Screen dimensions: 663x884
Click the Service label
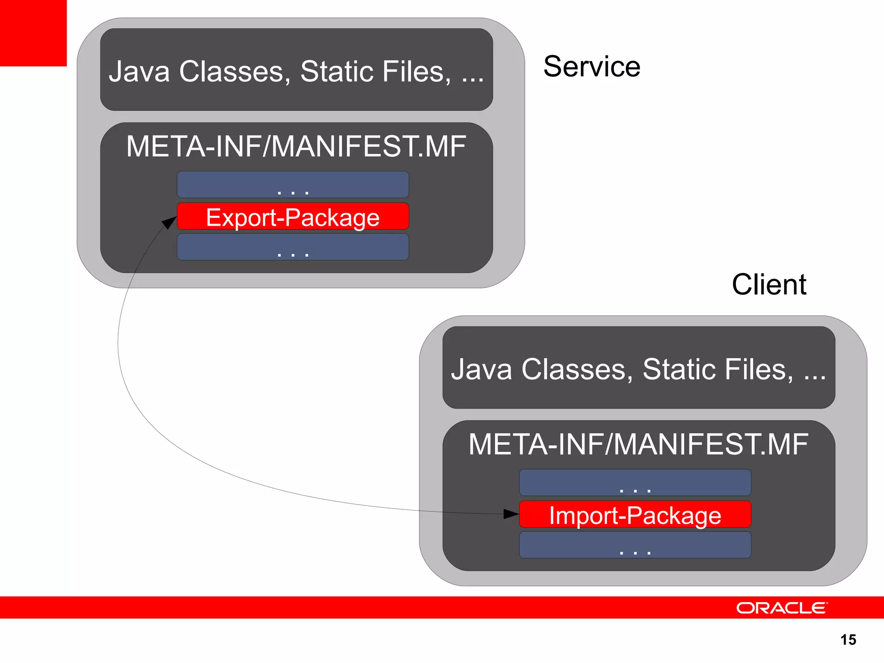[x=591, y=67]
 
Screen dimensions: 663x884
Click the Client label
[x=769, y=285]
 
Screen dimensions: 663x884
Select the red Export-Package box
[x=293, y=216]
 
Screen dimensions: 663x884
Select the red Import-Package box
[x=635, y=515]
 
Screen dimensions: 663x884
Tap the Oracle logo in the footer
[x=781, y=608]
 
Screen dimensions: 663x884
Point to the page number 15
[x=848, y=640]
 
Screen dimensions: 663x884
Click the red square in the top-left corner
[x=33, y=33]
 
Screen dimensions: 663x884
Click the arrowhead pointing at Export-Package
[x=169, y=222]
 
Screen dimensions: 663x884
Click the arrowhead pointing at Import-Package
[x=511, y=514]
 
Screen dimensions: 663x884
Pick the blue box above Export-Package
[x=293, y=185]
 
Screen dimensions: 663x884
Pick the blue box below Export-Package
[x=293, y=247]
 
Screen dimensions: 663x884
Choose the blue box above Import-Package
[x=635, y=483]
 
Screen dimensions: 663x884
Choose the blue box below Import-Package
[x=635, y=545]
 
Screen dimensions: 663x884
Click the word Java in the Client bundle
[x=482, y=369]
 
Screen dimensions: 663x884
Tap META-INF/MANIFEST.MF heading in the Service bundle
[x=296, y=147]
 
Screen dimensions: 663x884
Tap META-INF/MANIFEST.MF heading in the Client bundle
[x=638, y=445]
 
